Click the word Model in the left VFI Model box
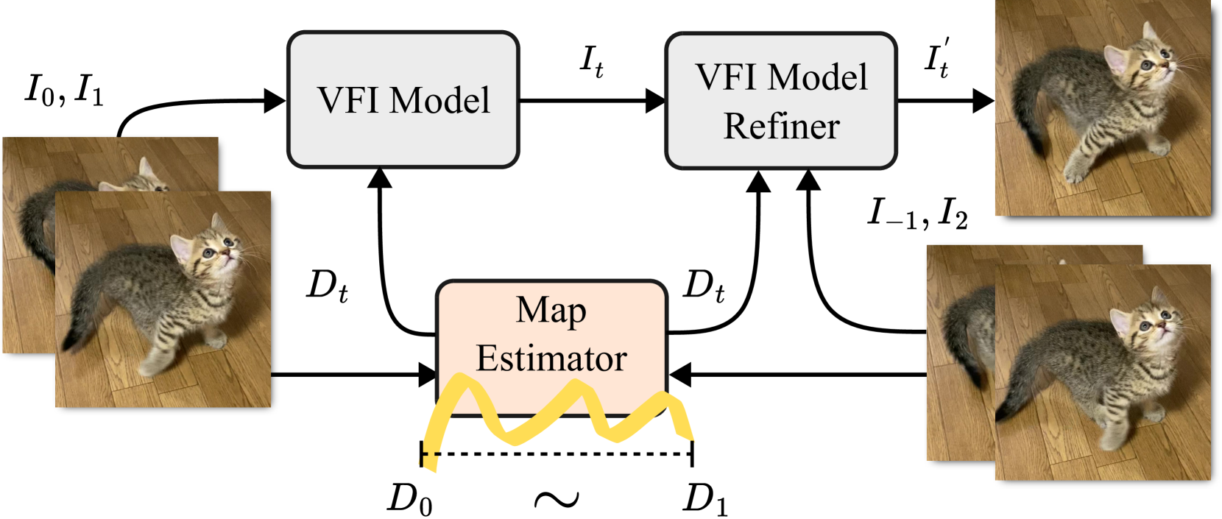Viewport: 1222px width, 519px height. pyautogui.click(x=439, y=100)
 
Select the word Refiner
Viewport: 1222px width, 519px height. pyautogui.click(x=781, y=126)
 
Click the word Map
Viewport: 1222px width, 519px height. pyautogui.click(x=551, y=310)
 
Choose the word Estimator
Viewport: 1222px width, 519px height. pyautogui.click(x=551, y=359)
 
